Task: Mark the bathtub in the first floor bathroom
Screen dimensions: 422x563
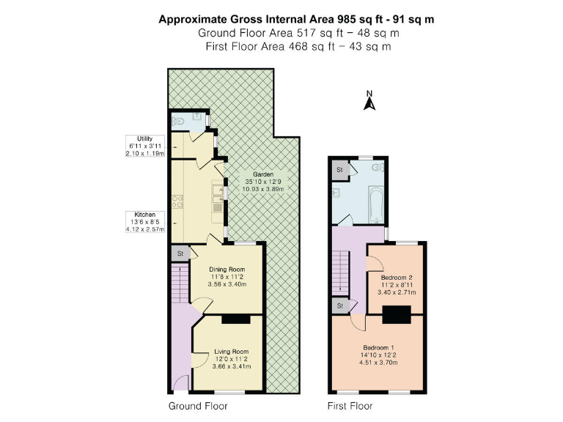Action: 374,206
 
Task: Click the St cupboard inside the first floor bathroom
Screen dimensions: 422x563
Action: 339,169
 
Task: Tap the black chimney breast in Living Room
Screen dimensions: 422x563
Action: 235,319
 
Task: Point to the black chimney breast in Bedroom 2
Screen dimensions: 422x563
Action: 396,314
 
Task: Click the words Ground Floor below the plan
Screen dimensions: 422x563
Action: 198,406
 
